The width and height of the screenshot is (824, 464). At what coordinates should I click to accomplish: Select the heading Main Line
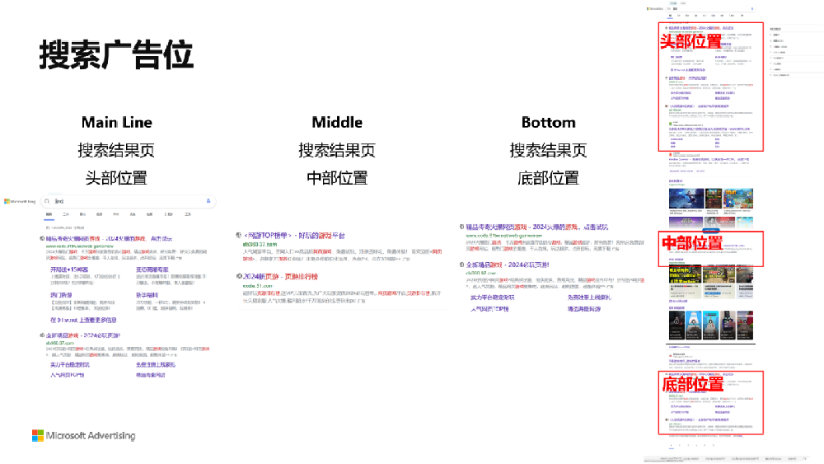tap(116, 122)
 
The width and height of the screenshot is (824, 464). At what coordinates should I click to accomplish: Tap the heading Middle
tap(337, 122)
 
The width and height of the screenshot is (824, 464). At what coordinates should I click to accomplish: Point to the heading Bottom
tap(548, 122)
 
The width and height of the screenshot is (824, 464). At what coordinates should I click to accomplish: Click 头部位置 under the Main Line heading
tap(116, 177)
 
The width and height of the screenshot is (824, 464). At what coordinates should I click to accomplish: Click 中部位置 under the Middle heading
tap(337, 177)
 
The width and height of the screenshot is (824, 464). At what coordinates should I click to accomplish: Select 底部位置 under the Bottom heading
tap(548, 177)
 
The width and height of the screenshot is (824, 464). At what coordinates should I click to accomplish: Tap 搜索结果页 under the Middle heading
tap(337, 151)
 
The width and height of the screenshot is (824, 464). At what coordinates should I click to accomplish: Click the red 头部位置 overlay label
tap(691, 40)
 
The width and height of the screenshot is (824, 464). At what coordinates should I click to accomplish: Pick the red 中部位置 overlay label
tap(691, 242)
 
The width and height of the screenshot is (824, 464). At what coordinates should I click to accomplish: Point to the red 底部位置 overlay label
tap(691, 382)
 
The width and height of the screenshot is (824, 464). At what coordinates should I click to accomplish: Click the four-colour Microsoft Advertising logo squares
tap(38, 435)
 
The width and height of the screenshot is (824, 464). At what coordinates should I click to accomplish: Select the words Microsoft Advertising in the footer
tap(91, 435)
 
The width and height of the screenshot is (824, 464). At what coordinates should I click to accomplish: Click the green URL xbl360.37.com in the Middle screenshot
tap(259, 244)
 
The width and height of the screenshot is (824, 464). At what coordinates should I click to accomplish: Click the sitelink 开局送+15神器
tap(69, 269)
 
